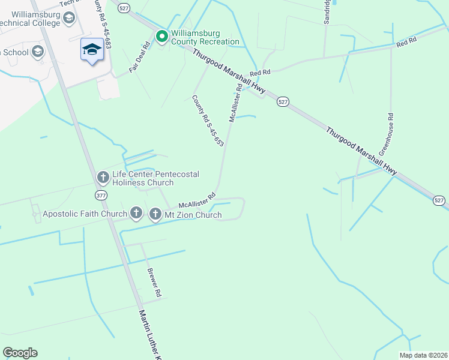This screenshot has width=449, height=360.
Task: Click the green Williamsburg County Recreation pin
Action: tap(161, 37)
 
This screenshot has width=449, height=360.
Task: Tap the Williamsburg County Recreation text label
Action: tap(205, 38)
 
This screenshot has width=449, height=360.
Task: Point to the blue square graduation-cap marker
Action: tap(92, 50)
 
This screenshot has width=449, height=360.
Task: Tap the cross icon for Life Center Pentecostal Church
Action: tap(103, 178)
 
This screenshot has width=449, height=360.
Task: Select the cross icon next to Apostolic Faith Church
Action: tap(136, 212)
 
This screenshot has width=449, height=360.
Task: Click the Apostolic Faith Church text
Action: tap(85, 214)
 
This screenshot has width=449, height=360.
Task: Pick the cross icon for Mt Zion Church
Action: tap(155, 214)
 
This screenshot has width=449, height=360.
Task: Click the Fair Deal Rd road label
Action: tap(139, 58)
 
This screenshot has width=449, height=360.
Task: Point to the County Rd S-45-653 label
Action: tap(208, 121)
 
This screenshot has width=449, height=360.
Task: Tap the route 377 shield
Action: tap(100, 196)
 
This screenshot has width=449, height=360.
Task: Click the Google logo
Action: tap(20, 353)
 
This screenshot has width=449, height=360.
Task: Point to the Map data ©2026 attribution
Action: tap(423, 355)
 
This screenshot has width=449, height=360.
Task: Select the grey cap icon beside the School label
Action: tap(38, 52)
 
